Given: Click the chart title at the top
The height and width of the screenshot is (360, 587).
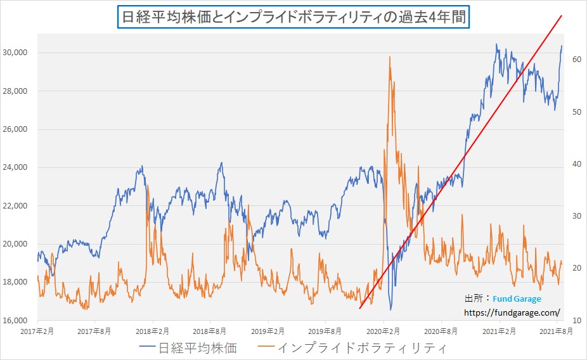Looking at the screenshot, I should pyautogui.click(x=293, y=17).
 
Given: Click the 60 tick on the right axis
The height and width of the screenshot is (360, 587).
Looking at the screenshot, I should pyautogui.click(x=577, y=60).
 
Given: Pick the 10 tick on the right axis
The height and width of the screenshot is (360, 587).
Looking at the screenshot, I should pyautogui.click(x=577, y=320).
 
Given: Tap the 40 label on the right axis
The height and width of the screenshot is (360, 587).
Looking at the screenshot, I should pyautogui.click(x=577, y=164).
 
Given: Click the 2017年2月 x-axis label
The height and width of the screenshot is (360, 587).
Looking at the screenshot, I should pyautogui.click(x=37, y=331).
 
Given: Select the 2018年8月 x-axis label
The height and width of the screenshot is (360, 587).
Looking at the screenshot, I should pyautogui.click(x=210, y=331).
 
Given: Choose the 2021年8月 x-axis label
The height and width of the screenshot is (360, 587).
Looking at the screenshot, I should pyautogui.click(x=556, y=331).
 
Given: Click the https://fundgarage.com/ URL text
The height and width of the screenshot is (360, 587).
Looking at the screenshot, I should pyautogui.click(x=512, y=312).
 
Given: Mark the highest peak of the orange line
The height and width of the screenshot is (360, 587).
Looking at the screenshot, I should pyautogui.click(x=389, y=56).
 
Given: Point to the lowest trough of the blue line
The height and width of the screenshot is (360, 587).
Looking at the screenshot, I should pyautogui.click(x=390, y=310).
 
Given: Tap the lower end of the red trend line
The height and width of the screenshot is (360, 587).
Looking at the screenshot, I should pyautogui.click(x=359, y=309).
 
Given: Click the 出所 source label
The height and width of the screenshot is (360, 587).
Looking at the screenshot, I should pyautogui.click(x=472, y=299).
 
